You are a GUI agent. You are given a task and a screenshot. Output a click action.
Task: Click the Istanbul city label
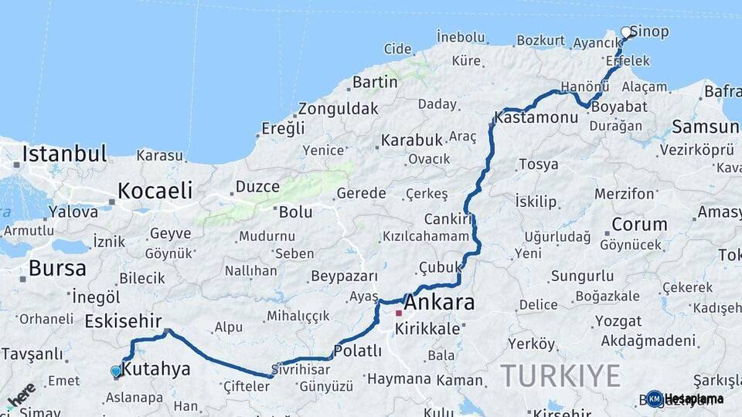point(64,154)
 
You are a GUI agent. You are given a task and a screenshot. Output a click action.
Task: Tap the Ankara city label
point(439,302)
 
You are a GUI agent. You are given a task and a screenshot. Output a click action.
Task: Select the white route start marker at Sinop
point(626,32)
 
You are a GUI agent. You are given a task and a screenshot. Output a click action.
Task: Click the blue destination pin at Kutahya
point(116,371)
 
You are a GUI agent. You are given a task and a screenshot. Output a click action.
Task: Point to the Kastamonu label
point(536,118)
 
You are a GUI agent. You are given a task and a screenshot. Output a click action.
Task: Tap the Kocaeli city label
point(155,191)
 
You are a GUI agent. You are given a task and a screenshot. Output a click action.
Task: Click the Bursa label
point(57,269)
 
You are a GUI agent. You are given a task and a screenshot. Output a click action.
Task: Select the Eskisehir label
point(123,320)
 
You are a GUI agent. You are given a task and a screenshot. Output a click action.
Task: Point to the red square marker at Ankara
point(399,314)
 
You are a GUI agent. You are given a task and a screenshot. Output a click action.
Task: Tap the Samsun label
point(706,126)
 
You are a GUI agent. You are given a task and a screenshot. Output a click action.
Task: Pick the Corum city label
point(639,225)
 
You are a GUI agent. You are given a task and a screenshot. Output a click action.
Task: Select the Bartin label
point(374,82)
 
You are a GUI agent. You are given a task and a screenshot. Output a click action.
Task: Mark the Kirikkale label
point(427,329)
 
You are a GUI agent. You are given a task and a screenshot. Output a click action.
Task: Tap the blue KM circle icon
point(655,398)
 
